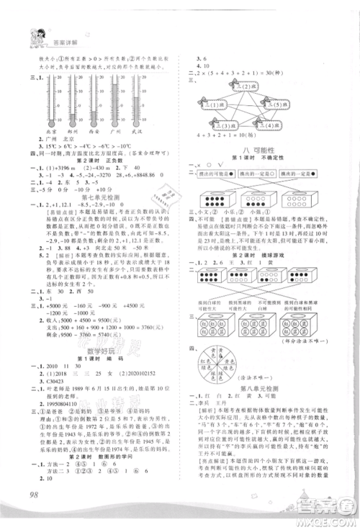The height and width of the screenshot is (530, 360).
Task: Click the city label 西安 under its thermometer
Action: [x=107, y=132]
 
